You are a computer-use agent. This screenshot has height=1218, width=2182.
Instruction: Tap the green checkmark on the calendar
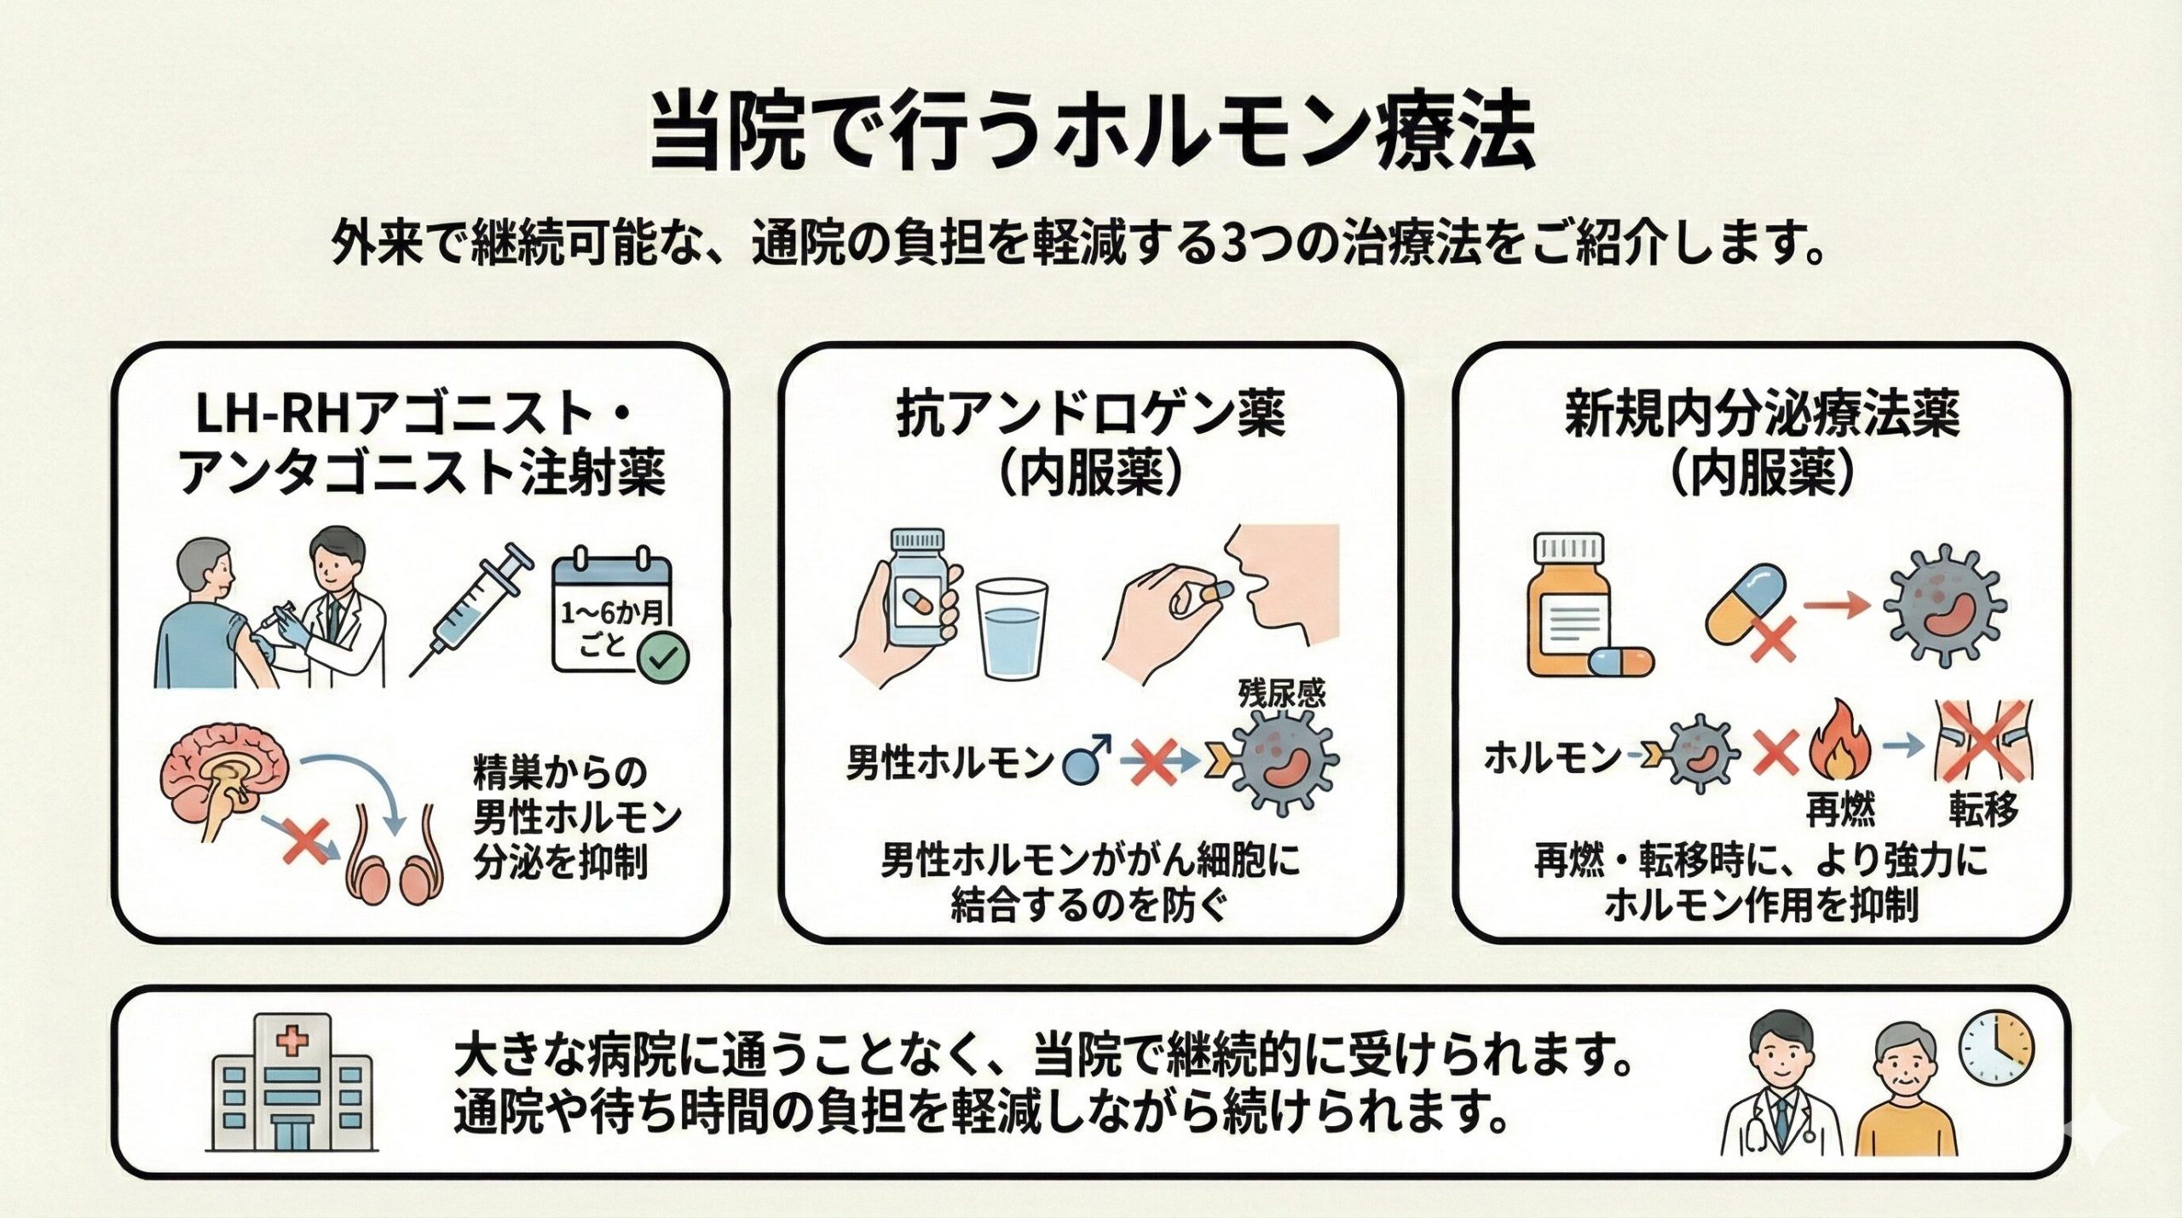coord(666,657)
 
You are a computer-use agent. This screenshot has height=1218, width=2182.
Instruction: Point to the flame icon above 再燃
coord(1839,751)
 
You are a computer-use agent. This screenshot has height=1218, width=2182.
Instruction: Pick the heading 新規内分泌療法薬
coord(1762,415)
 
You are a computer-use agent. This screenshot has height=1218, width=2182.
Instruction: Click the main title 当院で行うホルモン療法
coord(1092,136)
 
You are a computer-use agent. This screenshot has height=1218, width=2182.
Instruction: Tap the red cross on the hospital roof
coord(292,1041)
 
